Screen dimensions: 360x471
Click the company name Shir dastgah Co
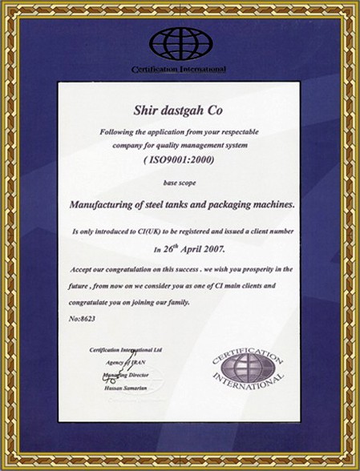point(179,110)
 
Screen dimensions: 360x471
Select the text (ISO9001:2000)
point(179,161)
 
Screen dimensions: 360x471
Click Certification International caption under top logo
point(179,70)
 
